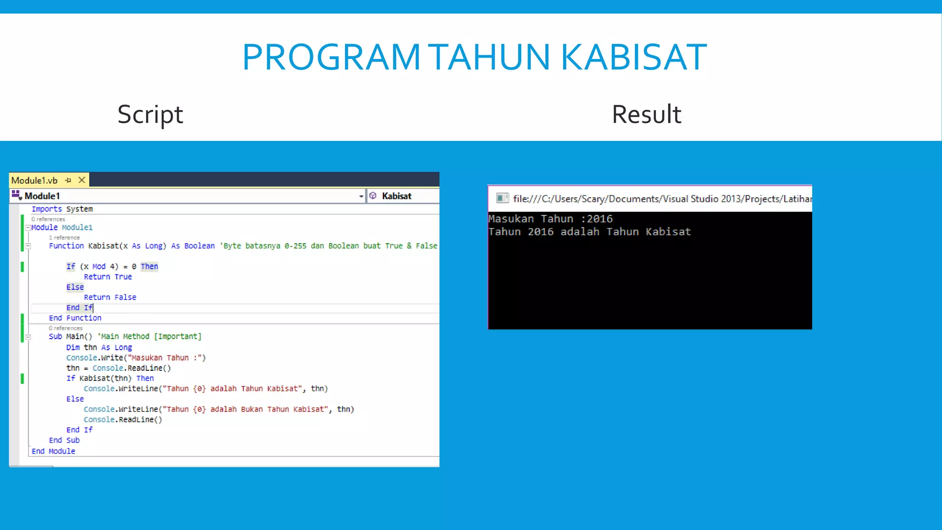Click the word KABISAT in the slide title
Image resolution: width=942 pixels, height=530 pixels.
[633, 57]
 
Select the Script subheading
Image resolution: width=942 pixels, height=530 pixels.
[150, 114]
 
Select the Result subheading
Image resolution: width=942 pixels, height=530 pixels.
[646, 114]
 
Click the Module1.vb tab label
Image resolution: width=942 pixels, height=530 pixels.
[34, 180]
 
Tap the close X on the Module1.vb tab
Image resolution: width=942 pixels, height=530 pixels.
[82, 180]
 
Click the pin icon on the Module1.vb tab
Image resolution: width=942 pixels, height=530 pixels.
[68, 180]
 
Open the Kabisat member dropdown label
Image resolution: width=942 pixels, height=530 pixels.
[396, 196]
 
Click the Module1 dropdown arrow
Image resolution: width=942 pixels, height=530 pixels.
[361, 196]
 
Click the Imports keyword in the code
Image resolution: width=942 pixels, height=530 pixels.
[46, 209]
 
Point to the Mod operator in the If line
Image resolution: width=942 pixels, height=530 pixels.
[99, 266]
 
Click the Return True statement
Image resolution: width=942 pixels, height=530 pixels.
[108, 277]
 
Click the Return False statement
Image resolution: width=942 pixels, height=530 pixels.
[110, 298]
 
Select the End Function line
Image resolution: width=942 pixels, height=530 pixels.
[75, 318]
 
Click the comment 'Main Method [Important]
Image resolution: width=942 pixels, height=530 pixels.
[149, 336]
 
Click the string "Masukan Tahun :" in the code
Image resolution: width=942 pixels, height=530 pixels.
[167, 358]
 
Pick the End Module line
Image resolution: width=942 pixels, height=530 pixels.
[53, 451]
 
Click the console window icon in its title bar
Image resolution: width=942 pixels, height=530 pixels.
[502, 198]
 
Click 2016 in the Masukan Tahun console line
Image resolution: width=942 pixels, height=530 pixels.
[599, 219]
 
